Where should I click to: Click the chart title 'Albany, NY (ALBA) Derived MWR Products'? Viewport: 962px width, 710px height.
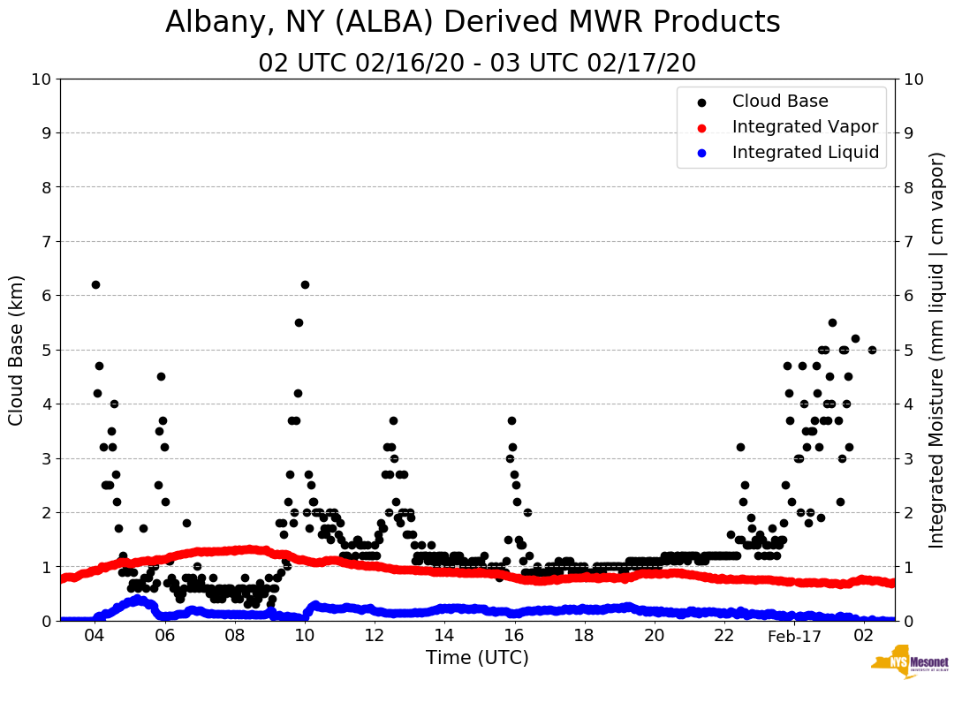click(x=473, y=23)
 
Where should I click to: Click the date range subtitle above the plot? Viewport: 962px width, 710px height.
click(x=477, y=64)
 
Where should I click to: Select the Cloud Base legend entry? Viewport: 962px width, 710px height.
click(x=780, y=102)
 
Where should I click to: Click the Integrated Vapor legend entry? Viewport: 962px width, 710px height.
click(x=805, y=127)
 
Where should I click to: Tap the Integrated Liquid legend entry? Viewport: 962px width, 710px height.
click(x=805, y=153)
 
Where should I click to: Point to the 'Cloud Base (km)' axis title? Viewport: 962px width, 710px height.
click(x=17, y=350)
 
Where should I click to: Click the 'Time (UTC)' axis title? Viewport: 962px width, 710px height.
click(x=477, y=658)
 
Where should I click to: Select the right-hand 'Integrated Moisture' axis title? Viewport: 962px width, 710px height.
click(x=937, y=350)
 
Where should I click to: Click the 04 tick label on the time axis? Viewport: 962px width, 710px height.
click(x=95, y=636)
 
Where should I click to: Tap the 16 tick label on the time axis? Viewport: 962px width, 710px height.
click(x=514, y=636)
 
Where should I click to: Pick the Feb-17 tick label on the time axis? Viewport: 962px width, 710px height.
click(x=794, y=636)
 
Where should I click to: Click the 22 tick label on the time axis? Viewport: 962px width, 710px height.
click(x=724, y=636)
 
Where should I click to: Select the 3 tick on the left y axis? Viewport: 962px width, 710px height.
click(x=46, y=458)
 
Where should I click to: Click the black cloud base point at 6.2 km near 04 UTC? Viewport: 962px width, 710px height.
click(x=95, y=284)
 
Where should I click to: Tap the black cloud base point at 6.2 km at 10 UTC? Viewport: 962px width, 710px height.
click(x=305, y=284)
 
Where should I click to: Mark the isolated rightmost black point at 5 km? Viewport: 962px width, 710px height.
click(x=872, y=350)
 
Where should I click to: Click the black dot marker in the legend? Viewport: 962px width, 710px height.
click(x=701, y=102)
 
